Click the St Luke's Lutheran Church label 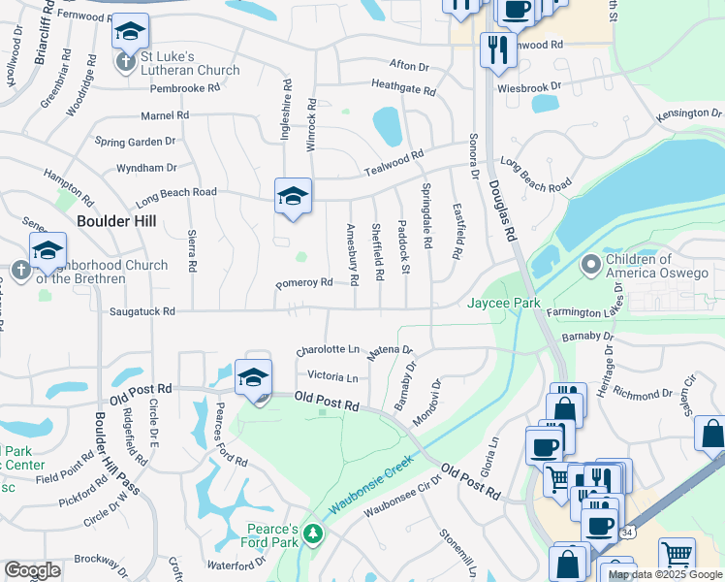coord(190,64)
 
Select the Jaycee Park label coord(504,304)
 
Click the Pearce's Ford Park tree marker coord(312,533)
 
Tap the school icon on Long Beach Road coord(293,195)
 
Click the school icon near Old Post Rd coord(253,376)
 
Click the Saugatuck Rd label coord(142,311)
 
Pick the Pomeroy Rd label coord(304,282)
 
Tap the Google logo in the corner coord(33,570)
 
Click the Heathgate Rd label coord(402,89)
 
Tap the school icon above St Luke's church coord(130,31)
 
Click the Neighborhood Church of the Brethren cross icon coord(20,269)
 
